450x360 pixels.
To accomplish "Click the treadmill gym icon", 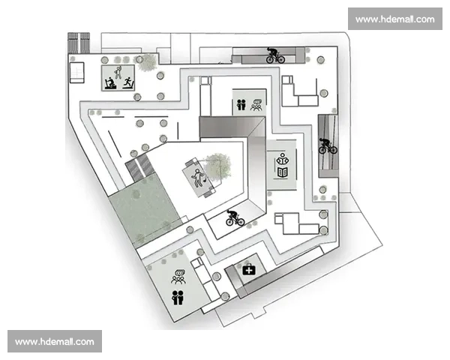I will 117,77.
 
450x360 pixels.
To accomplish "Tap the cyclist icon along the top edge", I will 275,55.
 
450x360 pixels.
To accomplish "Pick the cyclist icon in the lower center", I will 235,217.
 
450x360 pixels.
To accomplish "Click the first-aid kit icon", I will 249,268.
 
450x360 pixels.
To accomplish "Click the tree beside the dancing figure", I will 218,166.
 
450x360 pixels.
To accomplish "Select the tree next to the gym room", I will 148,62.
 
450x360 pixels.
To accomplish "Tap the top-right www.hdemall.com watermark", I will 394,19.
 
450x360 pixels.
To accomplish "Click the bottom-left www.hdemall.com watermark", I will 54,341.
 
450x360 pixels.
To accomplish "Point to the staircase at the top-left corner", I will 78,42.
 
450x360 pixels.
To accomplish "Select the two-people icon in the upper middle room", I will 241,106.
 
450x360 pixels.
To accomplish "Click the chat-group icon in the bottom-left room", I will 178,276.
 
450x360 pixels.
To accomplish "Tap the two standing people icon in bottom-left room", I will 177,297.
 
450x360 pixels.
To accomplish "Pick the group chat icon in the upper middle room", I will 256,105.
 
